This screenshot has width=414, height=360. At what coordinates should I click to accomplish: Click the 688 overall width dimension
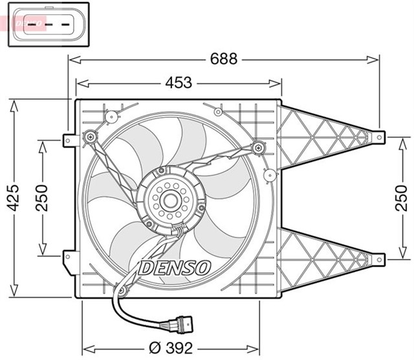click(224, 59)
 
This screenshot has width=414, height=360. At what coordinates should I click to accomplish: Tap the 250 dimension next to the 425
click(42, 198)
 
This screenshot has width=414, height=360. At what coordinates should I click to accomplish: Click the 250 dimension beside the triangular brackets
click(402, 198)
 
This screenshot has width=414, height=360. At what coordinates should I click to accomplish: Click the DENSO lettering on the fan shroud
click(175, 267)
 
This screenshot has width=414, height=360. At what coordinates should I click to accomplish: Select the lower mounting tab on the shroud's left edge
click(67, 258)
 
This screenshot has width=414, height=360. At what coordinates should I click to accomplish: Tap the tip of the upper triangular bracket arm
click(380, 137)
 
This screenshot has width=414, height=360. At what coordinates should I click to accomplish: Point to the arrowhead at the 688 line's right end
click(375, 60)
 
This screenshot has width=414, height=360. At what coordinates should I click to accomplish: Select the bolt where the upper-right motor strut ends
click(259, 146)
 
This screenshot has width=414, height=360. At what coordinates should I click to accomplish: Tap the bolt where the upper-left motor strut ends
click(89, 137)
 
